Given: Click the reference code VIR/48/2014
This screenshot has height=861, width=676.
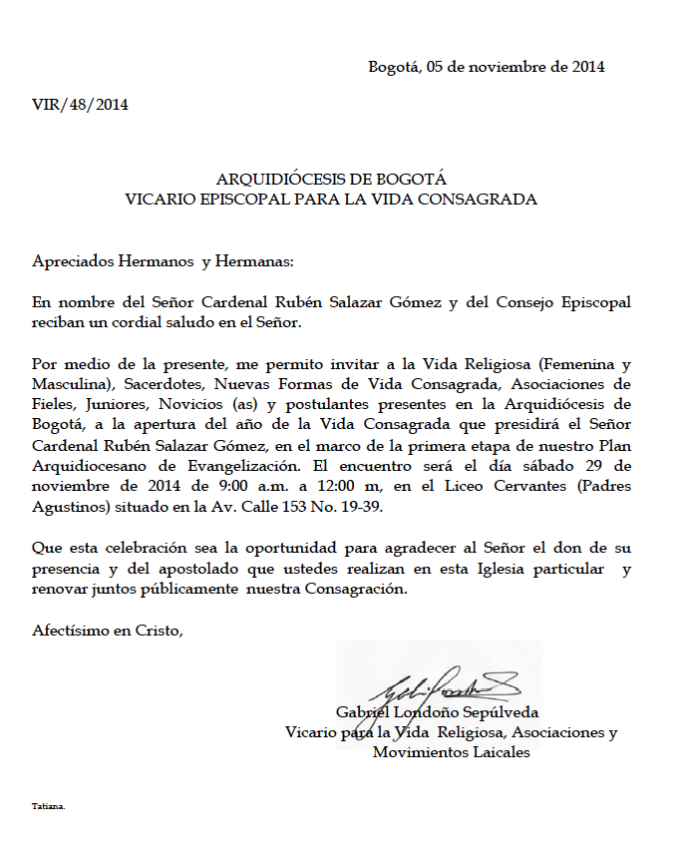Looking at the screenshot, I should [x=80, y=105].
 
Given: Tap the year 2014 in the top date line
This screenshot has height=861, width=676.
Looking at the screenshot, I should [x=588, y=68].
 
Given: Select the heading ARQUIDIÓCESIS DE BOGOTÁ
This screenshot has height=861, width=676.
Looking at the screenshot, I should [x=331, y=180].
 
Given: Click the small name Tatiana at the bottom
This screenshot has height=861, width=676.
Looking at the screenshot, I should [x=48, y=805].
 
